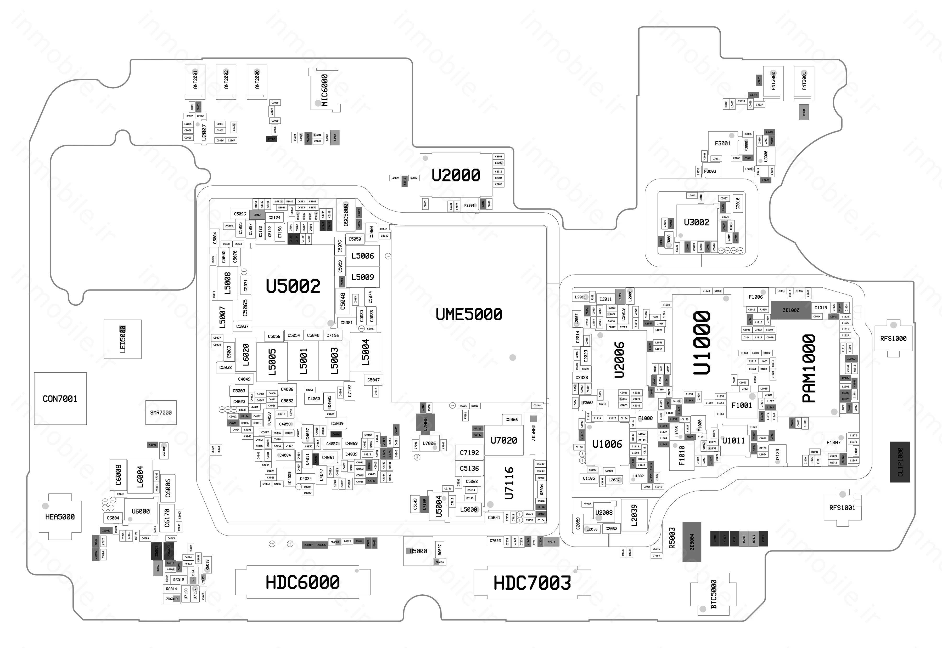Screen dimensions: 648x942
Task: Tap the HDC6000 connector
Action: [x=303, y=582]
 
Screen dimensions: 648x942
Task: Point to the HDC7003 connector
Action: [x=532, y=583]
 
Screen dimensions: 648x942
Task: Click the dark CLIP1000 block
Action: [x=900, y=462]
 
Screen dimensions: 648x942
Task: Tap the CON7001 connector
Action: [x=60, y=399]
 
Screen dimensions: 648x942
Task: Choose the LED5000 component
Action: [x=123, y=339]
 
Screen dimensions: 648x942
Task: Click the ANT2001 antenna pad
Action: [x=195, y=81]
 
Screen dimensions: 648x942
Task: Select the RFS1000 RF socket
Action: [x=893, y=339]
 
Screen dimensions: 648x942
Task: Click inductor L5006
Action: [x=362, y=256]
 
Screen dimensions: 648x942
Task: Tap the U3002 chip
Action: [x=696, y=222]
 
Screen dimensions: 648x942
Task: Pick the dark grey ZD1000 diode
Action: [x=791, y=310]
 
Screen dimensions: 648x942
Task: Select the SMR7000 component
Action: [x=161, y=412]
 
